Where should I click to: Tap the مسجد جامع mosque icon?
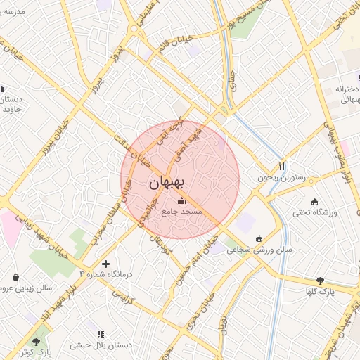click(182, 202)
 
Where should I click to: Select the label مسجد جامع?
click(182, 212)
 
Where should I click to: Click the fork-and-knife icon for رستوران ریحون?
click(282, 167)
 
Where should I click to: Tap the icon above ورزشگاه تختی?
click(314, 202)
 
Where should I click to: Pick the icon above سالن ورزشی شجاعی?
click(259, 238)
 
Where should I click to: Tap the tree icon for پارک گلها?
click(321, 280)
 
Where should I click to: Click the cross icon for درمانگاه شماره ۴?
click(105, 264)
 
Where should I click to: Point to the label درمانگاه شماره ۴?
click(105, 274)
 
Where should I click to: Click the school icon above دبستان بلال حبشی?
click(99, 334)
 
